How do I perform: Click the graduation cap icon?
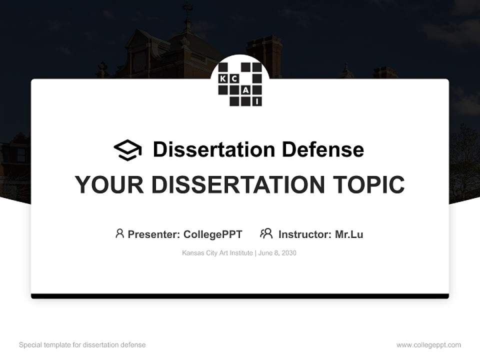(x=127, y=150)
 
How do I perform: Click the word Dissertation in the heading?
(x=214, y=149)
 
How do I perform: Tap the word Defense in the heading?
(x=323, y=149)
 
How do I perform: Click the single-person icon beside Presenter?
(x=119, y=233)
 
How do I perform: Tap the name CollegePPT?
(x=213, y=234)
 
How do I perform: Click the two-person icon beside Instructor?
(x=266, y=233)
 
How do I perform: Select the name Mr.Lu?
(x=349, y=234)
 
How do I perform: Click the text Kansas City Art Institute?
(x=217, y=253)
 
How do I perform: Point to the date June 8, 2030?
(x=277, y=253)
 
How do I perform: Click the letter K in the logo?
(x=223, y=79)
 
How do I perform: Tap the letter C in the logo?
(x=234, y=79)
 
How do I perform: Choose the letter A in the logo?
(x=246, y=90)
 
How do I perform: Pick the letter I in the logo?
(x=257, y=101)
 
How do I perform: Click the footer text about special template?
(x=82, y=345)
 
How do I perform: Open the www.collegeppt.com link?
(x=428, y=345)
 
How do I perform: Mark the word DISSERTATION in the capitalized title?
(x=238, y=184)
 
